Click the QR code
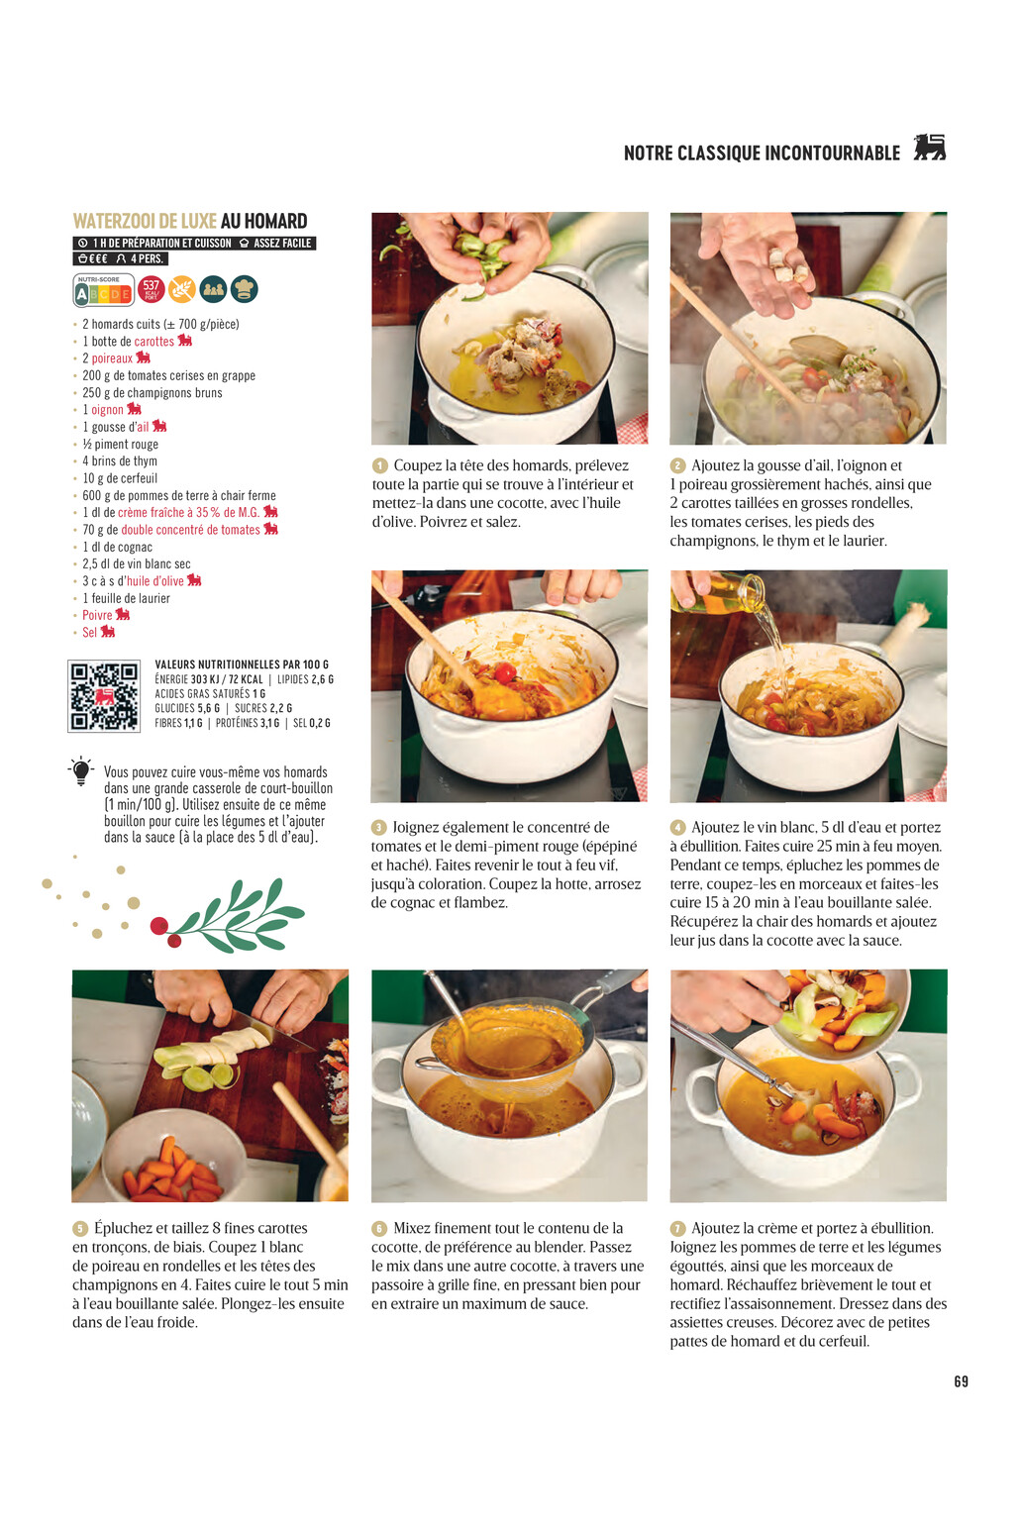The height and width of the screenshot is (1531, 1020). [x=104, y=696]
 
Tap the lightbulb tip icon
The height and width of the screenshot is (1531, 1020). [x=81, y=771]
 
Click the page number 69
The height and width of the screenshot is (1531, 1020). [x=961, y=1381]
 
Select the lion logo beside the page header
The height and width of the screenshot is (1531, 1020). [x=930, y=148]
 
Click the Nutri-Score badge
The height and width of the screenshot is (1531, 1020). [x=103, y=290]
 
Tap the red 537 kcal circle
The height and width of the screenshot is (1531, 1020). [x=152, y=289]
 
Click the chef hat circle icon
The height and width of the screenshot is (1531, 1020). [x=244, y=289]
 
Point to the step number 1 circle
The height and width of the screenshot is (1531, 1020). [x=380, y=466]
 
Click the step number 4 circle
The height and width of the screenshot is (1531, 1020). [x=677, y=828]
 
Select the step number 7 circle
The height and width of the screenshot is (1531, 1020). [x=677, y=1228]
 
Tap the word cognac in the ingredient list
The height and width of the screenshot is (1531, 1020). [x=136, y=547]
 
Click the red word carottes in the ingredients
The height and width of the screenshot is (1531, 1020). [x=153, y=341]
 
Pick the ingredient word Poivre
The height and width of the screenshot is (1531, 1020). [x=97, y=615]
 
